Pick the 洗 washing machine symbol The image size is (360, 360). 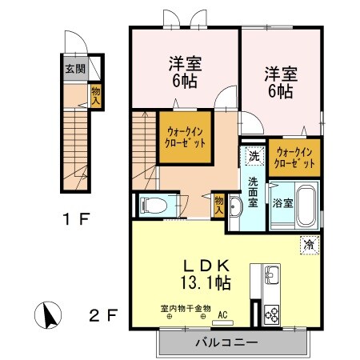(253, 156)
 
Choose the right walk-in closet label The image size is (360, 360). (294, 156)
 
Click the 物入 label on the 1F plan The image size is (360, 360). (95, 97)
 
